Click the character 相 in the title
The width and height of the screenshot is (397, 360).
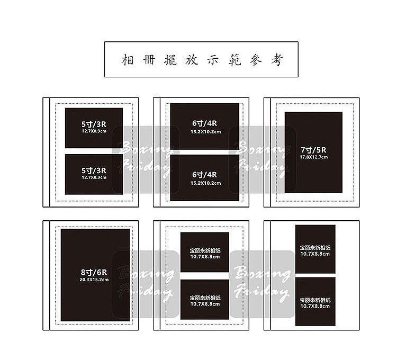click(128, 60)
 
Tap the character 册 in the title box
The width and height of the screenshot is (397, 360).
click(149, 60)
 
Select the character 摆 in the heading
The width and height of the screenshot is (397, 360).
click(170, 60)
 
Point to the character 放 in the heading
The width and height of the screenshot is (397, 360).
click(192, 60)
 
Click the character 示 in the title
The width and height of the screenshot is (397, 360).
click(213, 60)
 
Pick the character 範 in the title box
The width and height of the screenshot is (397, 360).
click(234, 60)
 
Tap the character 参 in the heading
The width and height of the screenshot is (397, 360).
click(256, 60)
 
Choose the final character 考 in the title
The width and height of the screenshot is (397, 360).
click(277, 60)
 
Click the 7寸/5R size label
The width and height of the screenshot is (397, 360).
click(313, 150)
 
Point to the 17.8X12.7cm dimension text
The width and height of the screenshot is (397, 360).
click(314, 157)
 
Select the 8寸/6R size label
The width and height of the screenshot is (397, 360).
click(94, 273)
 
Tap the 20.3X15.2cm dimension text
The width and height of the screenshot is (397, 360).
click(94, 280)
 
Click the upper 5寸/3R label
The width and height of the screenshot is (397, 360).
click(94, 124)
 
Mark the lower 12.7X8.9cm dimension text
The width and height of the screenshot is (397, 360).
click(94, 177)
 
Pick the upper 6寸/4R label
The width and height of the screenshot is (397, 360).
click(204, 123)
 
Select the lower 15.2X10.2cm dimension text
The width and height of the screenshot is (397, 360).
click(205, 183)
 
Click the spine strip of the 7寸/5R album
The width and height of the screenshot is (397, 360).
click(267, 152)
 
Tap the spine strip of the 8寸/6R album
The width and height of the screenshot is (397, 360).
click(47, 275)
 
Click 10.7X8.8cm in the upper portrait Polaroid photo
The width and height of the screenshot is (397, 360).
click(315, 254)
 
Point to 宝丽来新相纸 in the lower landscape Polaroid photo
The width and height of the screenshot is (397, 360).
click(205, 298)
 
